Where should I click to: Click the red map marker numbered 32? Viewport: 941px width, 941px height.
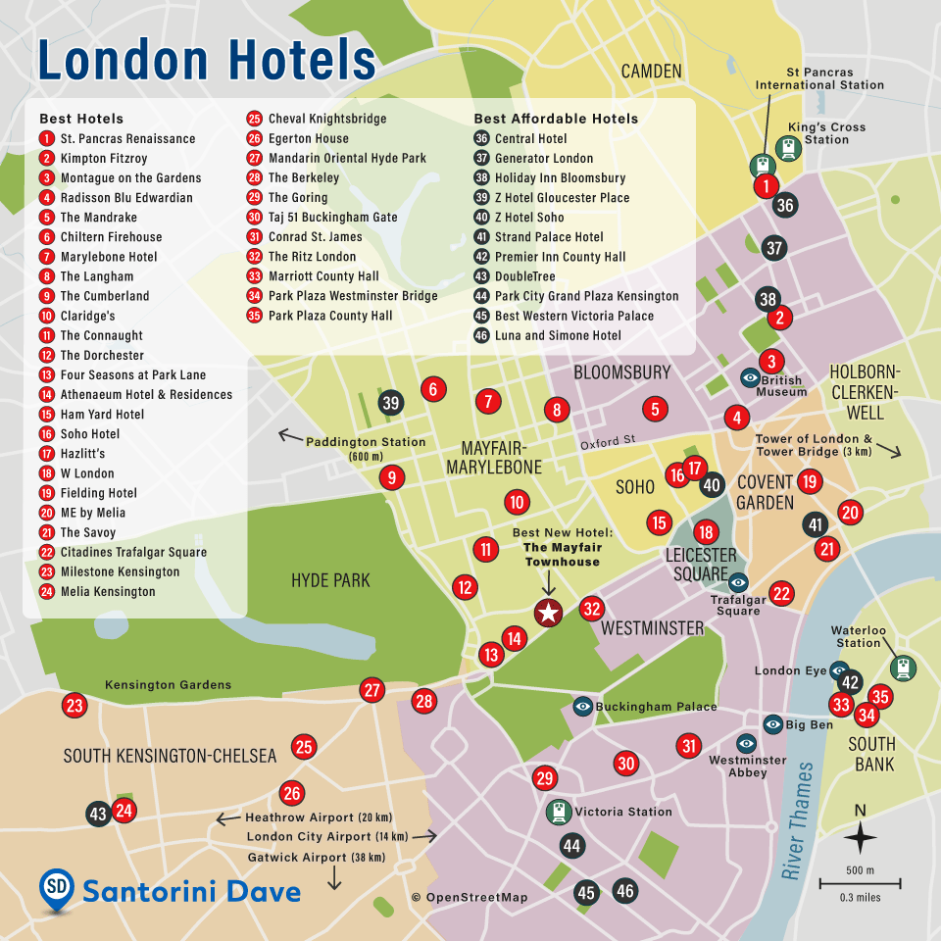pos(591,609)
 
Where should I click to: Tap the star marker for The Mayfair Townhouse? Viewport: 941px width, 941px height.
pos(548,614)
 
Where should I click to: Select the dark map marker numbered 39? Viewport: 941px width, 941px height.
pos(391,402)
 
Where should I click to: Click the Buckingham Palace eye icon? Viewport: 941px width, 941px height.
pos(583,706)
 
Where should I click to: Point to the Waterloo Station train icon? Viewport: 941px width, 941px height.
pos(903,668)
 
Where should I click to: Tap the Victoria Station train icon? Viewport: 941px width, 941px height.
pos(561,812)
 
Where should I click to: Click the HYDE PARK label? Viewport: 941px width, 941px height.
pos(330,580)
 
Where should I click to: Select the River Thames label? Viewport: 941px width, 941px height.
pos(797,819)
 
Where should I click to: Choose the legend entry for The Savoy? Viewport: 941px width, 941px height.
pos(87,532)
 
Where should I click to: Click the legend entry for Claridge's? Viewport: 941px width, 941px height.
pos(87,316)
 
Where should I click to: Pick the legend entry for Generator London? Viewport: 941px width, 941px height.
pos(543,158)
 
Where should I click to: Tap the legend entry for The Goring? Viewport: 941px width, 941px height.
pos(297,197)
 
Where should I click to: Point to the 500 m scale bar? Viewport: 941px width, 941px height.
pos(861,882)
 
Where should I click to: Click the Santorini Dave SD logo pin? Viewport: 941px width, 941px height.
pos(57,887)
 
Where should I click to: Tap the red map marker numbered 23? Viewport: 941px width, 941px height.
pos(74,705)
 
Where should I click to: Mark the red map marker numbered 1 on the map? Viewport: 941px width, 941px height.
pos(766,185)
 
